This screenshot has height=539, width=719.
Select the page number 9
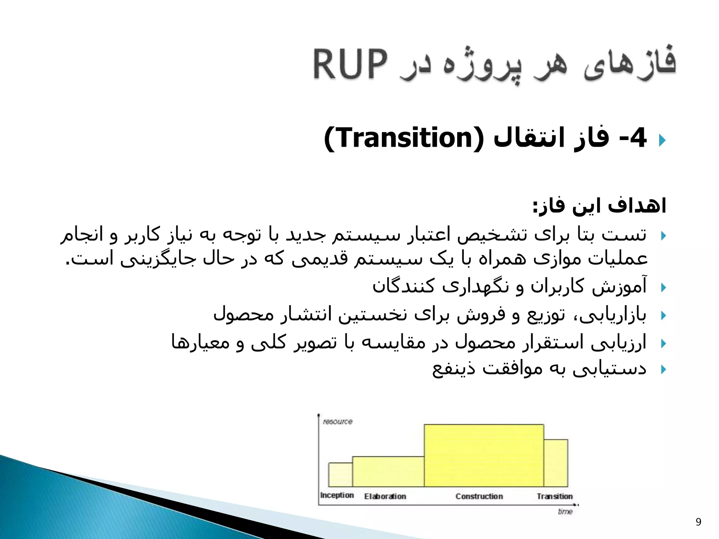coord(698,522)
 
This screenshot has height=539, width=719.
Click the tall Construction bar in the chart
coord(484,455)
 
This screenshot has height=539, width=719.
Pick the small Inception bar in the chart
coord(340,474)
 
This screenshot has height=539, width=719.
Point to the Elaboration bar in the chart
coord(388,471)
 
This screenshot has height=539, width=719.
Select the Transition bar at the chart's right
coord(556,463)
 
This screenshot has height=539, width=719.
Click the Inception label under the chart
coord(337,495)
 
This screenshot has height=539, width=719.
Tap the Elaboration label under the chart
coord(385,496)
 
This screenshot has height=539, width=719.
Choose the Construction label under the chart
coord(479,496)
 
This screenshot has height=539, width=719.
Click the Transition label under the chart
coord(555,496)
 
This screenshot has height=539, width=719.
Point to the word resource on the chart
coord(338,421)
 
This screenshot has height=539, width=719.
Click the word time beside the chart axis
coord(565,512)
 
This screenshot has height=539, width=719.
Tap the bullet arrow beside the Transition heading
coord(662,140)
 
